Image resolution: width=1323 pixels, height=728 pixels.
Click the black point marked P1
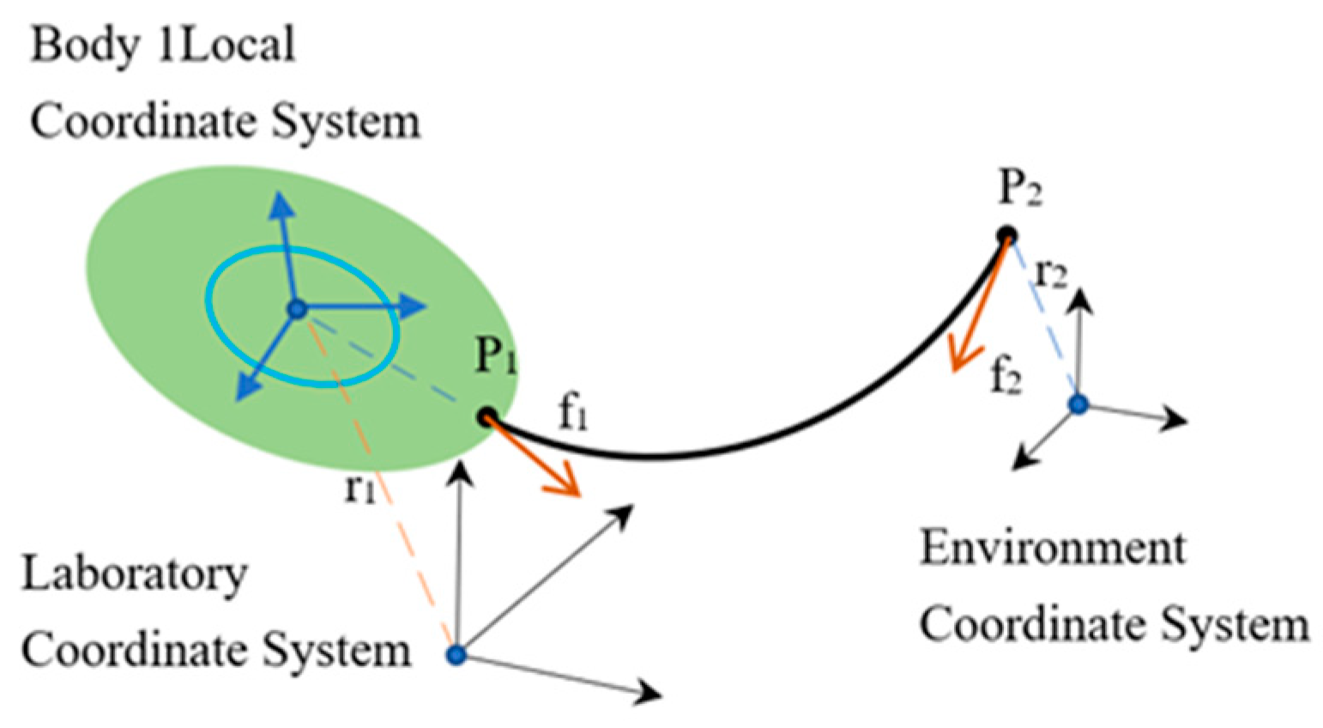point(486,418)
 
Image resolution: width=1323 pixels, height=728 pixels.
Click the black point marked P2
point(1006,234)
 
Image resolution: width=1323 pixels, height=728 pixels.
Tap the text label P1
point(496,355)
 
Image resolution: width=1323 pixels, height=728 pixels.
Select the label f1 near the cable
point(573,415)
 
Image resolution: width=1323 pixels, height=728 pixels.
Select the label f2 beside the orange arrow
point(1006,376)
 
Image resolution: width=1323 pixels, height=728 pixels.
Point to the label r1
point(359,488)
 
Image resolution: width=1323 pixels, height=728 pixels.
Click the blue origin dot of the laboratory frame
point(456,656)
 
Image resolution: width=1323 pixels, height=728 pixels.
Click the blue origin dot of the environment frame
point(1078,403)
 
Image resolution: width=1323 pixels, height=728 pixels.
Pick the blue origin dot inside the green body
point(297,309)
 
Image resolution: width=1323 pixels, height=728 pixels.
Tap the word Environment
point(1053,548)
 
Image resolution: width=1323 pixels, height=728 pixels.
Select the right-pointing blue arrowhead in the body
point(414,306)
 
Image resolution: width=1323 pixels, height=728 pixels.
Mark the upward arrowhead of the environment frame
point(1080,300)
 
